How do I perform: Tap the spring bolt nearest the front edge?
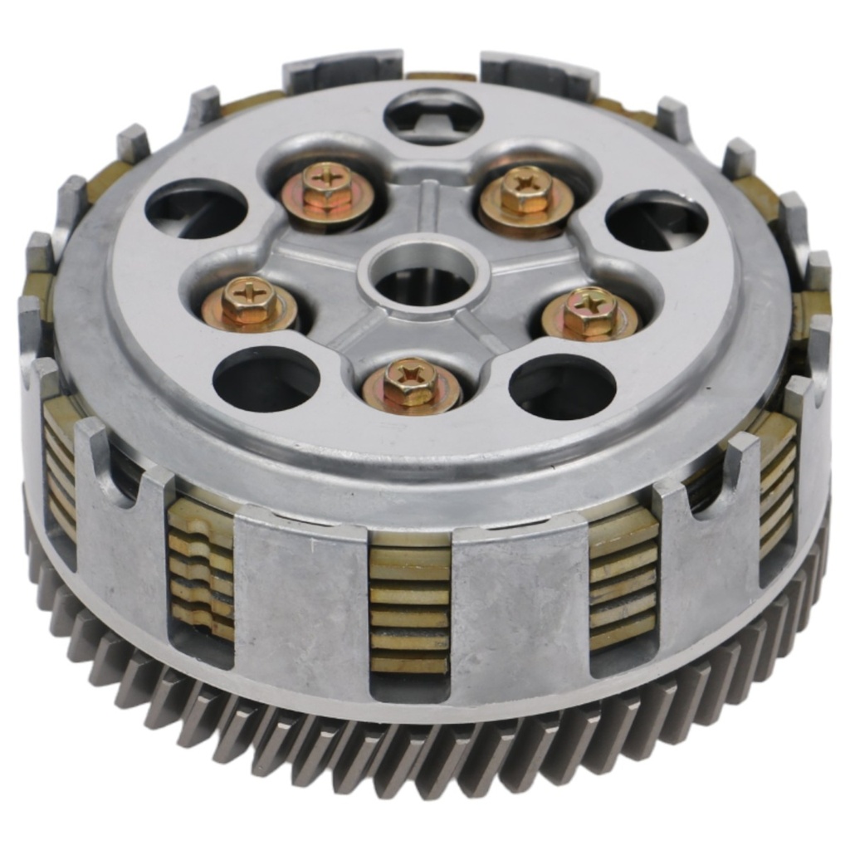(411, 383)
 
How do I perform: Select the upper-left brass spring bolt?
(327, 189)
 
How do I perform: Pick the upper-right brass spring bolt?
(526, 193)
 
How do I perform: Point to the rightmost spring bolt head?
(590, 312)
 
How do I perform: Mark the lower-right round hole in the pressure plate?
(562, 386)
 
